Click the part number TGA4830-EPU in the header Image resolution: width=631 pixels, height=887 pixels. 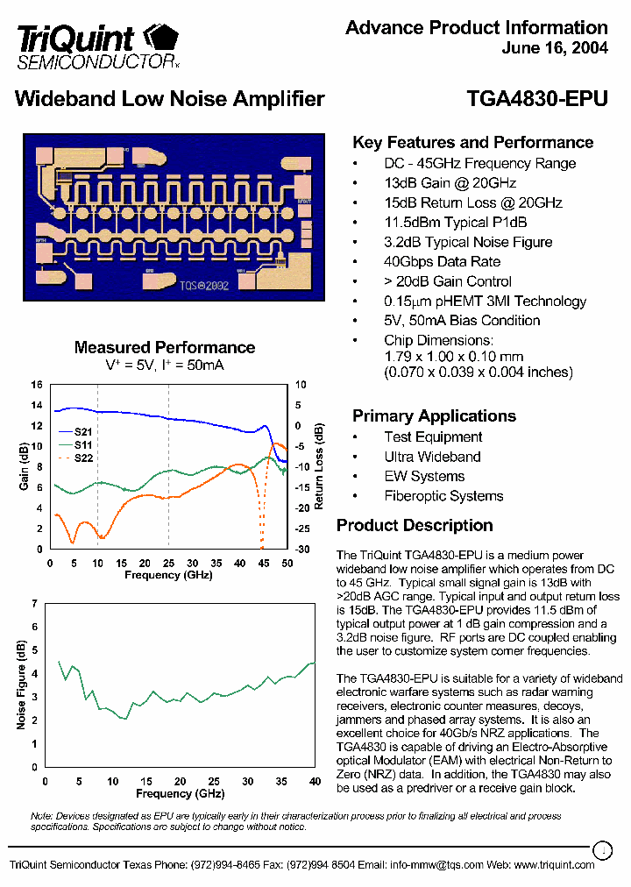click(x=537, y=99)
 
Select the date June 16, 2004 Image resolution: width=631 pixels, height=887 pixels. click(x=555, y=49)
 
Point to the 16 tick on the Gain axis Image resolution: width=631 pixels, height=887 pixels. click(x=37, y=385)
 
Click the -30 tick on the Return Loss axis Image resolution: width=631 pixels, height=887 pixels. click(x=301, y=550)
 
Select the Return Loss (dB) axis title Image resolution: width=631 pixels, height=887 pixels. click(x=320, y=467)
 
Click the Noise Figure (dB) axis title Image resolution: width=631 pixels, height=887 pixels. click(x=21, y=685)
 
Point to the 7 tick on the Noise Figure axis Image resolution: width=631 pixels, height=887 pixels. click(x=35, y=604)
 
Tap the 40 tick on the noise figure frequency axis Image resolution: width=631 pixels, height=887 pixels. click(x=315, y=781)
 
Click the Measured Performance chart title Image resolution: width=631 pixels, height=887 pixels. click(x=165, y=348)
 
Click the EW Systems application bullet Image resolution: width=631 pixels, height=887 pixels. click(x=424, y=477)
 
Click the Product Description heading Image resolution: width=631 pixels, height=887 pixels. click(x=415, y=526)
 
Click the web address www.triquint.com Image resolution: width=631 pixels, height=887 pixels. click(x=554, y=865)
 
